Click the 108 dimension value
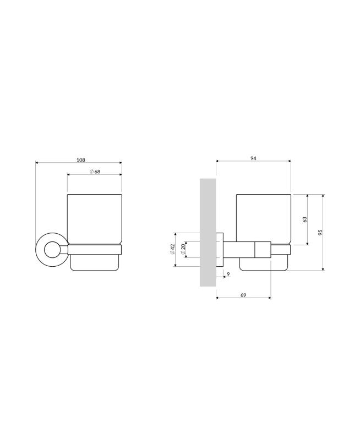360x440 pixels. [x=80, y=160]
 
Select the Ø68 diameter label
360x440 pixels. [x=95, y=172]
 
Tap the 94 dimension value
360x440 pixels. [x=253, y=158]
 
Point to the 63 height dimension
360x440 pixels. [x=305, y=219]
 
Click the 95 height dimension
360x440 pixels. [x=320, y=232]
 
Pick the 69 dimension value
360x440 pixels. [x=243, y=295]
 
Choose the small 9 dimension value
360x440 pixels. [x=228, y=274]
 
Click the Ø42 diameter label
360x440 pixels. [x=172, y=249]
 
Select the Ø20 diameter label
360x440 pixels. [x=183, y=249]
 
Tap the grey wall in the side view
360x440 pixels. [x=208, y=232]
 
